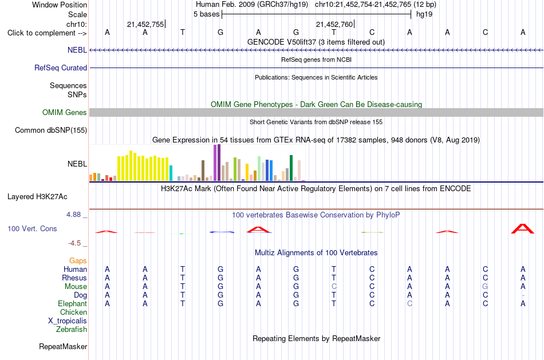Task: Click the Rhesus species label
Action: pyautogui.click(x=74, y=278)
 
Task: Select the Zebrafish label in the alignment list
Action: pyautogui.click(x=72, y=330)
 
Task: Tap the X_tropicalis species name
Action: pyautogui.click(x=68, y=321)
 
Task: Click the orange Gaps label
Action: pyautogui.click(x=78, y=261)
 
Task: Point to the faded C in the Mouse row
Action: pyautogui.click(x=334, y=287)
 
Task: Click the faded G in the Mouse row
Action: pyautogui.click(x=485, y=287)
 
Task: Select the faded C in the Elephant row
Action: pyautogui.click(x=410, y=303)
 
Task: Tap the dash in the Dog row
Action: pyautogui.click(x=523, y=295)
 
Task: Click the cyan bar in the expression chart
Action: pyautogui.click(x=171, y=173)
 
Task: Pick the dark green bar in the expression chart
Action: pyautogui.click(x=291, y=168)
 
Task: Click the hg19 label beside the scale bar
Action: pyautogui.click(x=424, y=14)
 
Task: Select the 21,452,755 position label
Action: pyautogui.click(x=145, y=24)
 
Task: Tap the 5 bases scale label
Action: pyautogui.click(x=206, y=14)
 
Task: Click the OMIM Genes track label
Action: pyautogui.click(x=65, y=112)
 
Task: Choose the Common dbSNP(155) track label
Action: pyautogui.click(x=51, y=130)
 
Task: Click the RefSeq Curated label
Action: pyautogui.click(x=61, y=68)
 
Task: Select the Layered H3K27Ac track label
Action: pyautogui.click(x=37, y=197)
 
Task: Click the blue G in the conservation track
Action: pyautogui.click(x=222, y=232)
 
